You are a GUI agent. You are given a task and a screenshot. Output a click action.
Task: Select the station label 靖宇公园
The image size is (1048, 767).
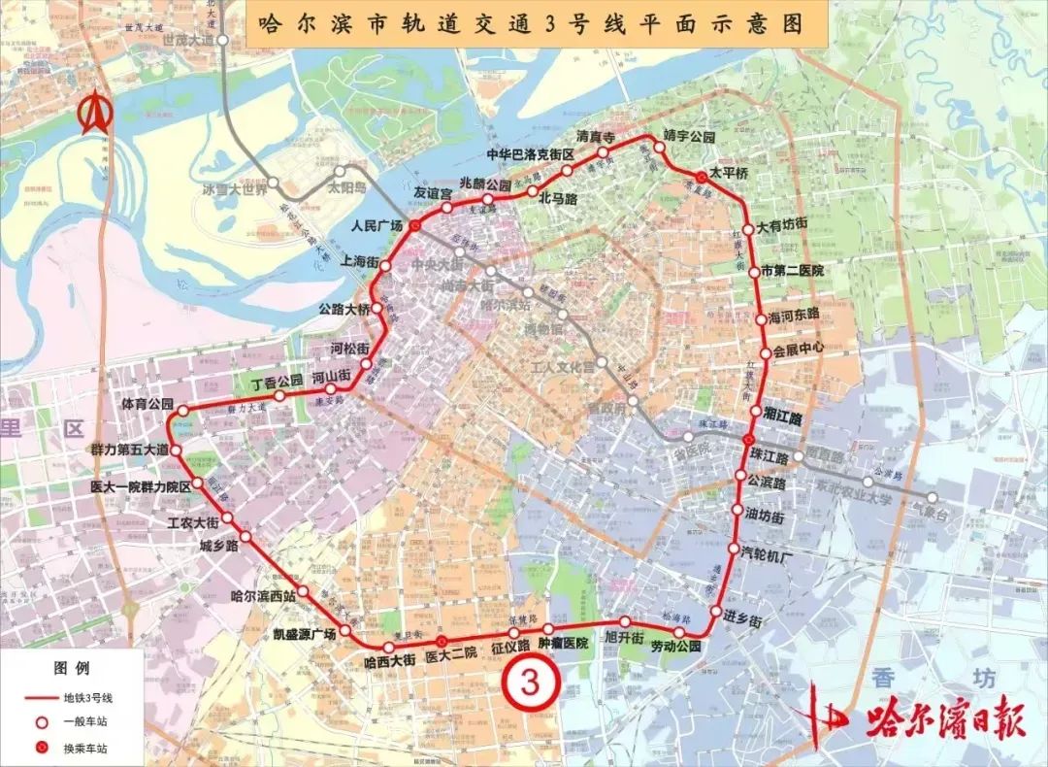689,135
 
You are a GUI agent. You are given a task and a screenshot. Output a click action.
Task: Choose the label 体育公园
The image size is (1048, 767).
147,403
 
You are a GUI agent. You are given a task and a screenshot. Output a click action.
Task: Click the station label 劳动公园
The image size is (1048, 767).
674,647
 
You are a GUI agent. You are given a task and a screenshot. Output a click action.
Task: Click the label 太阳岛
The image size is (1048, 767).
346,187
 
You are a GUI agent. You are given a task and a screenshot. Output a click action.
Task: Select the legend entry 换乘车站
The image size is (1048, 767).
85,749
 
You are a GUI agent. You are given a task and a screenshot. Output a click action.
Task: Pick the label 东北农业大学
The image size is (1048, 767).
853,491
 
